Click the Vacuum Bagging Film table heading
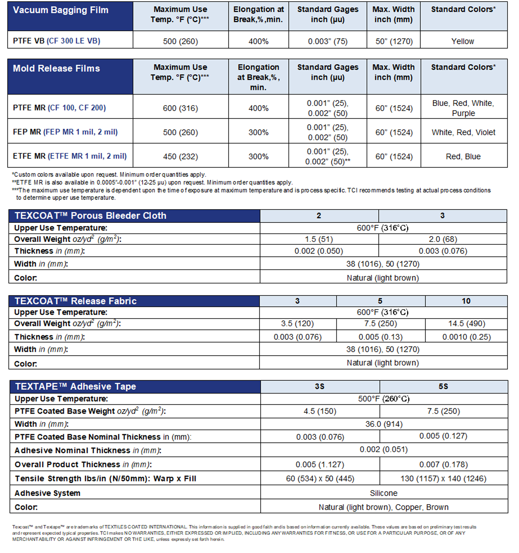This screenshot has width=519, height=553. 60,10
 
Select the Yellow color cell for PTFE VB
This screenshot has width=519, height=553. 462,41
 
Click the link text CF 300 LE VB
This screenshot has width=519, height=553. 73,41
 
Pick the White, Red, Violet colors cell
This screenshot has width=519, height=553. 463,132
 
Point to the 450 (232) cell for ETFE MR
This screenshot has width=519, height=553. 180,157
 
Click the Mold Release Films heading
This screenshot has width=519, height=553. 56,68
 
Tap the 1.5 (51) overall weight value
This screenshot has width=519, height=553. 319,239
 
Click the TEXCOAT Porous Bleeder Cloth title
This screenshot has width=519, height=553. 91,216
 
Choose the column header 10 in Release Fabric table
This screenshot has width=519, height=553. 466,301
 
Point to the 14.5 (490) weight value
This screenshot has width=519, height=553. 466,324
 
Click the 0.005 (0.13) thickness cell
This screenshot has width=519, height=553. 380,337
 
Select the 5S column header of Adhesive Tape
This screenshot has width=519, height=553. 443,387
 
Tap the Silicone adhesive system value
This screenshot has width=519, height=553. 383,493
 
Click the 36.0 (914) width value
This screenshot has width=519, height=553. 384,424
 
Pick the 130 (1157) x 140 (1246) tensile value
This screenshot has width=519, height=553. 443,479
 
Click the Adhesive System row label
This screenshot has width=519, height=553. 48,493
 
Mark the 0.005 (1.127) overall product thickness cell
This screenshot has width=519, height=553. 320,465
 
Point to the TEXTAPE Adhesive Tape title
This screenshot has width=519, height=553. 75,387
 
